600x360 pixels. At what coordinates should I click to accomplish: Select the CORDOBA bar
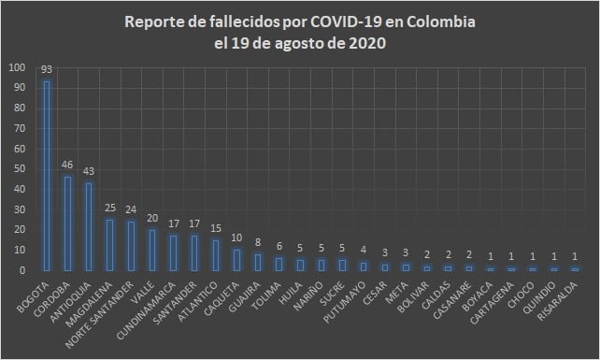tap(67, 223)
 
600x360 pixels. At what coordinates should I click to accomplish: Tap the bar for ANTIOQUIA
tap(89, 226)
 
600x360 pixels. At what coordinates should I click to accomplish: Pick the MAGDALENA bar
tap(110, 245)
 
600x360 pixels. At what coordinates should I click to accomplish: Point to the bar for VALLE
tap(152, 250)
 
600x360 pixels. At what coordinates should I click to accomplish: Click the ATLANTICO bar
tap(216, 255)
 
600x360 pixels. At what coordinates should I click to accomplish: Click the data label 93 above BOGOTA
tap(47, 70)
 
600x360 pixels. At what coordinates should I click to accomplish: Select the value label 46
tap(67, 166)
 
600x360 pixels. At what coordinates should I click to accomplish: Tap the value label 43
tap(89, 171)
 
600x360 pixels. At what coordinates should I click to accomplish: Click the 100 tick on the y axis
tap(18, 68)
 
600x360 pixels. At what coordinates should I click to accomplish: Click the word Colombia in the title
tap(438, 21)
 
